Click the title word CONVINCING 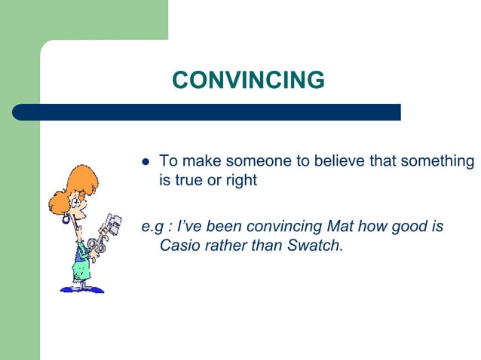coord(248,80)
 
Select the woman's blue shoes coord(79,288)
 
